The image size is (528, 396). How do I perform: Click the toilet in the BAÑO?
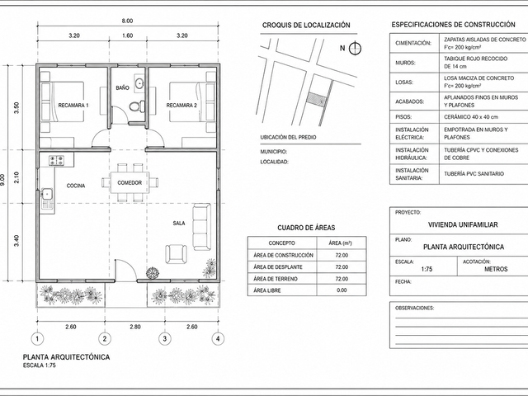(x=137, y=106)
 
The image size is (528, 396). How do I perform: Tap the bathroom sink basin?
(x=139, y=82)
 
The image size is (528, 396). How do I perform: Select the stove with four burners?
(x=56, y=160)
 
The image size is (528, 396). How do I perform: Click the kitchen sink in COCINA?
(x=46, y=194)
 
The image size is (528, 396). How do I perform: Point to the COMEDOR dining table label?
(x=130, y=183)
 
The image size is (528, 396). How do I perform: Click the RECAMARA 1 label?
(x=73, y=106)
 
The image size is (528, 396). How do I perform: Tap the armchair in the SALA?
(x=176, y=254)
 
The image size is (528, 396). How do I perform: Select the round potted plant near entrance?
(x=153, y=272)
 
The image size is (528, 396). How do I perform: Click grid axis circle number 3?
(x=164, y=338)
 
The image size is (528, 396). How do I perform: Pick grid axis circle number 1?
(x=37, y=338)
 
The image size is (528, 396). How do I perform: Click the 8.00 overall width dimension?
(x=127, y=21)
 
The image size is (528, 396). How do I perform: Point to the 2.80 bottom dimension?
(x=135, y=327)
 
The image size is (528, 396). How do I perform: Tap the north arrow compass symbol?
(x=355, y=49)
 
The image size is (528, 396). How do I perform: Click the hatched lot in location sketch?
(x=316, y=100)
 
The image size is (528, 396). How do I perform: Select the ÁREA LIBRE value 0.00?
(x=342, y=290)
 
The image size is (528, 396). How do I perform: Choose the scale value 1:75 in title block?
(x=427, y=269)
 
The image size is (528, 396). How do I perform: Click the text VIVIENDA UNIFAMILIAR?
(x=463, y=224)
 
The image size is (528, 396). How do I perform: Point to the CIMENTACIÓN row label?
(x=413, y=43)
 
